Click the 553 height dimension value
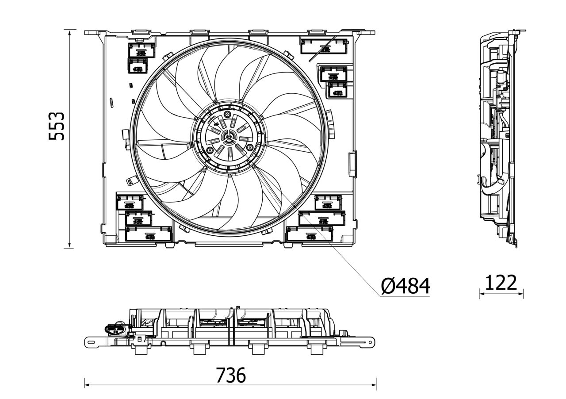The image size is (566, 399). click(x=57, y=126)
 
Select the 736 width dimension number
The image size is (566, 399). click(x=230, y=376)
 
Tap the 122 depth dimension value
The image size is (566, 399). click(x=501, y=283)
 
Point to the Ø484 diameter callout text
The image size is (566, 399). click(x=405, y=287)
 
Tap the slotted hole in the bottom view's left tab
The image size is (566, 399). click(x=91, y=341)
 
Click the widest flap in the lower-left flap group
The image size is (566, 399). click(x=149, y=234)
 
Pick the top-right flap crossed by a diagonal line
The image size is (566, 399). click(x=324, y=46)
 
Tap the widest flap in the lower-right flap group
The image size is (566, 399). click(x=310, y=234)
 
